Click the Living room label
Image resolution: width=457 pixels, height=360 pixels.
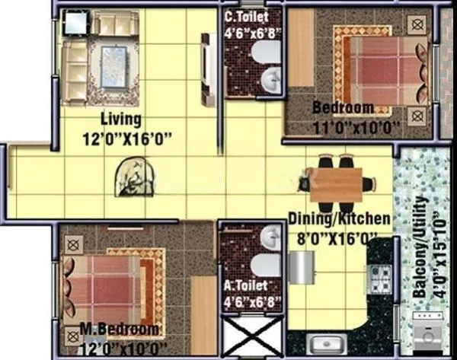tap(121, 119)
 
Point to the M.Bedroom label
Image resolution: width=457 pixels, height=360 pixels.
tap(120, 330)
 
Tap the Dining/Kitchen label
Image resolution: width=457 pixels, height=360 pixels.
tap(340, 219)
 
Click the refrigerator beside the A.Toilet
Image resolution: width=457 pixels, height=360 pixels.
tap(300, 267)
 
